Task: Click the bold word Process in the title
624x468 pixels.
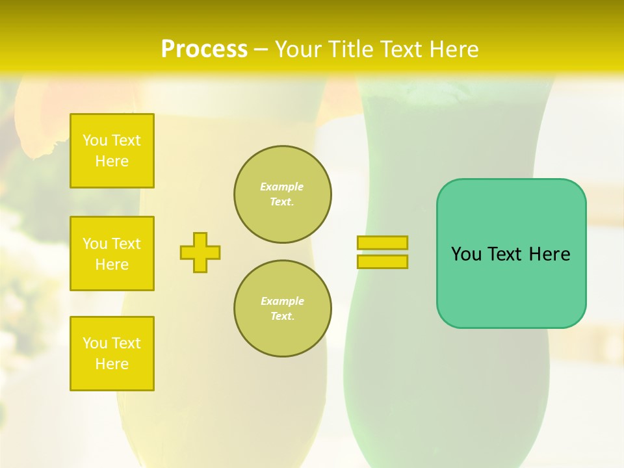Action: [204, 49]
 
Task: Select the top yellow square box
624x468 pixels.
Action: [112, 151]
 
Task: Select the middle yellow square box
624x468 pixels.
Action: [112, 253]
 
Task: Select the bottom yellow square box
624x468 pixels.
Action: [112, 354]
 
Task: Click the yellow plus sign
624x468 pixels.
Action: [200, 252]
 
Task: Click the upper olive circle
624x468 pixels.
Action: [283, 194]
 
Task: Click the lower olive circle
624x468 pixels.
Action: [283, 309]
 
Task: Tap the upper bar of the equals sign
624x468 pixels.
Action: [382, 242]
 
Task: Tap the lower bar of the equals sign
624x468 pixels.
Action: [382, 262]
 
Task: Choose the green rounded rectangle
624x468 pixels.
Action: [511, 286]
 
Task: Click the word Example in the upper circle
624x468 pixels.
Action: [281, 187]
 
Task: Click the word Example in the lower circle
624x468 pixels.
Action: [282, 301]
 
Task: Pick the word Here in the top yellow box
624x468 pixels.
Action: [112, 161]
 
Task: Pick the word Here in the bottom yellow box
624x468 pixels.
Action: [112, 364]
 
